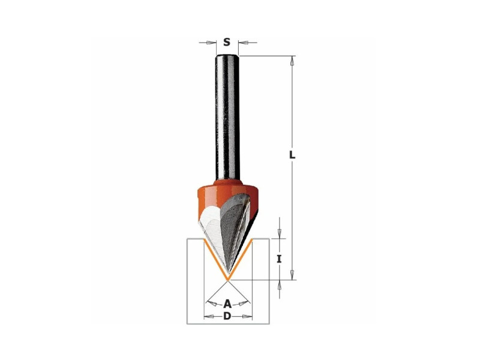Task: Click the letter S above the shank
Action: tap(227, 42)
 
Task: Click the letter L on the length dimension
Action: tap(293, 155)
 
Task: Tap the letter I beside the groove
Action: tap(279, 259)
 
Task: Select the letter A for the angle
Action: tap(227, 304)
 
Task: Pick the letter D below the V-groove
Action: tap(227, 316)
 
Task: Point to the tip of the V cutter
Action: tap(227, 279)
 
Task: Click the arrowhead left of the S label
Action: tap(212, 43)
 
